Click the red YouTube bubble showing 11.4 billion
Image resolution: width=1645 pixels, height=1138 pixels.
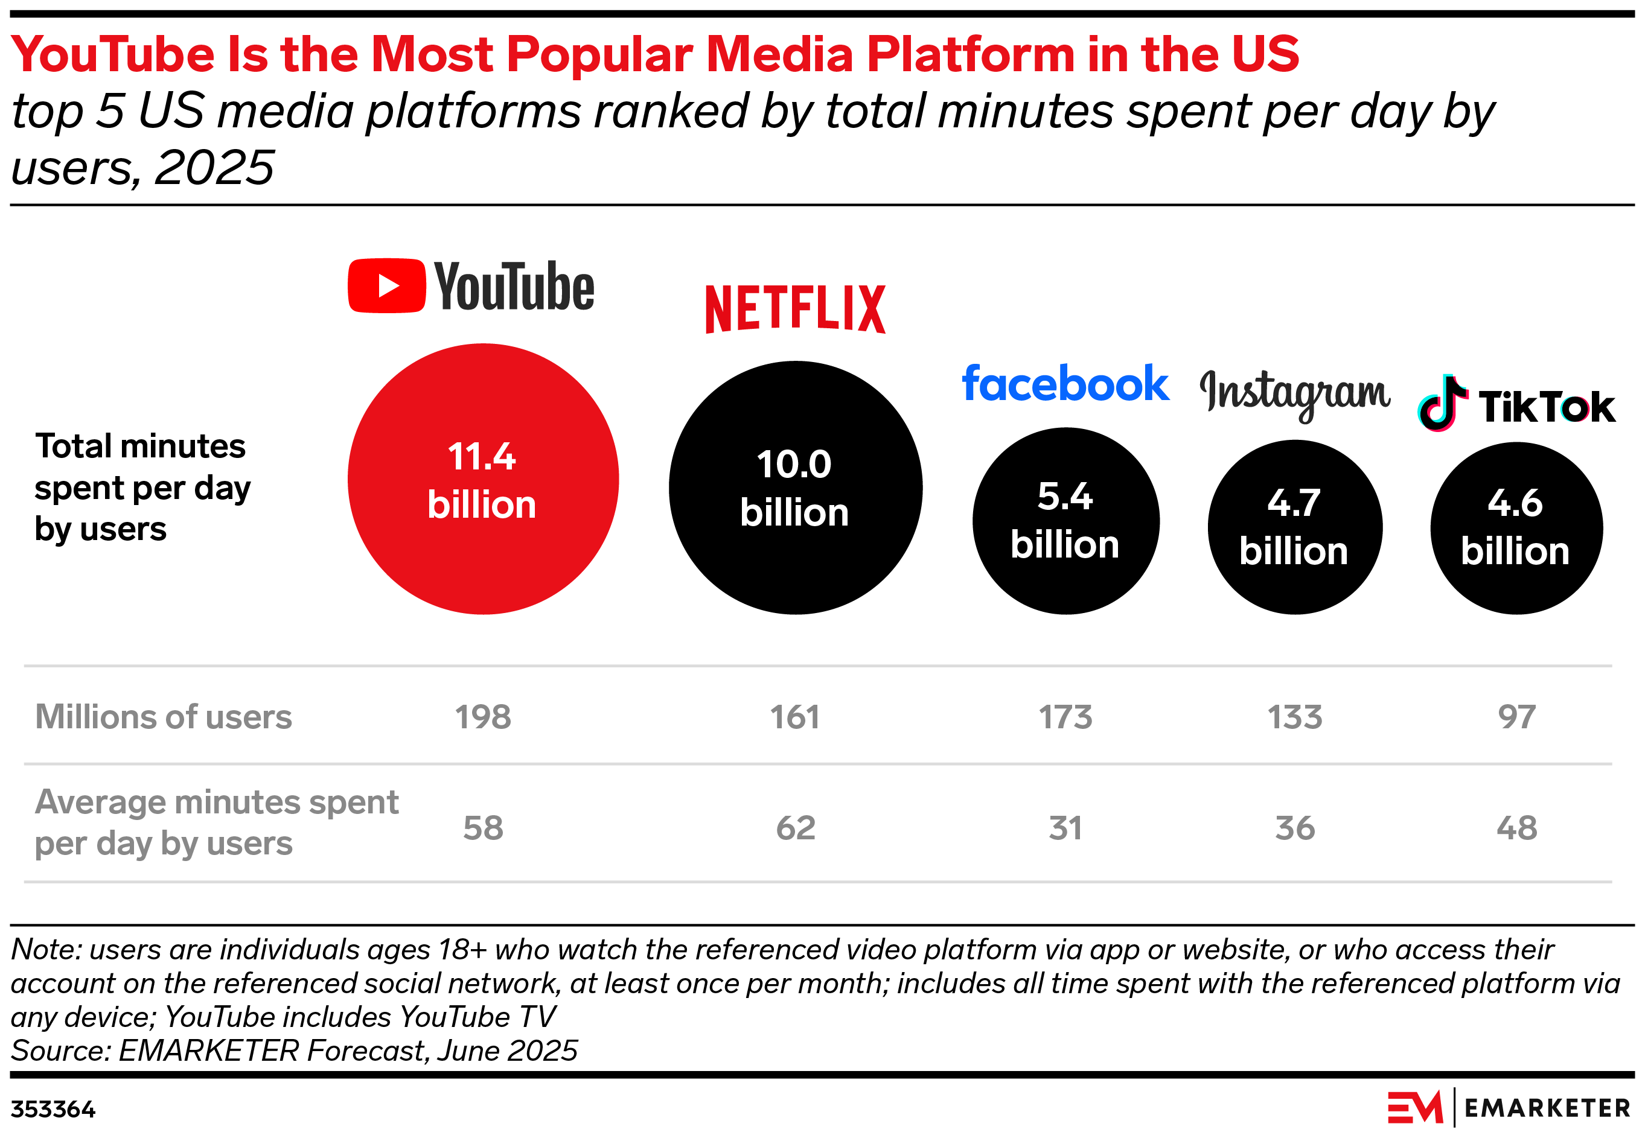(x=483, y=478)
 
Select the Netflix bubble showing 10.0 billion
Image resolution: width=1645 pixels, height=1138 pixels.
(x=796, y=488)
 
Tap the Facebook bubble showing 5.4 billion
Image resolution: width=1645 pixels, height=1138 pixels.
(x=1065, y=521)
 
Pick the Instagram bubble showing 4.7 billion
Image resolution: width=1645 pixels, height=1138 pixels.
(x=1295, y=527)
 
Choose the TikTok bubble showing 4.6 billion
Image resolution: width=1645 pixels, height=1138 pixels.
(x=1516, y=527)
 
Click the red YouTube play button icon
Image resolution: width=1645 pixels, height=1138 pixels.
(x=386, y=286)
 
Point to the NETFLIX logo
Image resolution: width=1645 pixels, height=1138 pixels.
(x=796, y=309)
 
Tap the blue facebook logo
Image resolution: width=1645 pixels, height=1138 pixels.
(x=1065, y=384)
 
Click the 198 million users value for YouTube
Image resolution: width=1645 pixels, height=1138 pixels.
(x=483, y=717)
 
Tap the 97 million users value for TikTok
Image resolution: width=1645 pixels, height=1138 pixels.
(x=1516, y=717)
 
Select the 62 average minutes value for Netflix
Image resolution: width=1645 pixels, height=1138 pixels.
(x=796, y=828)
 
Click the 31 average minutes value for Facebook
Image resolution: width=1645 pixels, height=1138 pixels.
(x=1065, y=828)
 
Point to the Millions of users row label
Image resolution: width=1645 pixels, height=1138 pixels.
(x=164, y=717)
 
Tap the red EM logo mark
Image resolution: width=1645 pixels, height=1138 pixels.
(x=1414, y=1108)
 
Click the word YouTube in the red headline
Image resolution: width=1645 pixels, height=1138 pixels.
(x=112, y=54)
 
